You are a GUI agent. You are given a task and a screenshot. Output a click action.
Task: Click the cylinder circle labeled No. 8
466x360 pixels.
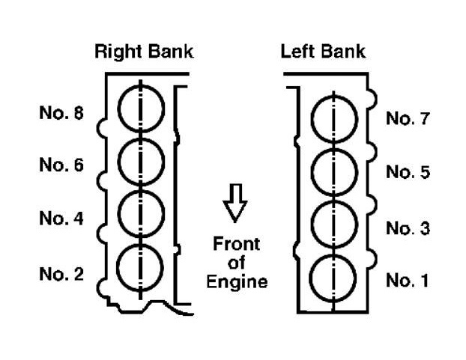point(141,109)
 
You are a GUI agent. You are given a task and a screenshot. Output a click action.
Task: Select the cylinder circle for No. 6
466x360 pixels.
point(141,161)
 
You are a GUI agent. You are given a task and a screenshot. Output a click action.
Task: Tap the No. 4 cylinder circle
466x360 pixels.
point(141,213)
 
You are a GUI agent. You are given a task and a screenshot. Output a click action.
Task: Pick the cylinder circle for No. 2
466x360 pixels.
point(141,266)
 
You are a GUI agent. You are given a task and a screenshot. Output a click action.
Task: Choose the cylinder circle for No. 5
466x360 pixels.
point(333,172)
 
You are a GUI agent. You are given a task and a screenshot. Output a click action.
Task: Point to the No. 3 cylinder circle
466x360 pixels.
point(333,225)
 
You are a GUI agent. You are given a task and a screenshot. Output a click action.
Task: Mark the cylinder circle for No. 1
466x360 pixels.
point(333,278)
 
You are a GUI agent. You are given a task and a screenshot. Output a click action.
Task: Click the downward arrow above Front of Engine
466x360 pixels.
point(236,204)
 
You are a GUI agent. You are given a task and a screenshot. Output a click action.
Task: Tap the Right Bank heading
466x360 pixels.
point(144,52)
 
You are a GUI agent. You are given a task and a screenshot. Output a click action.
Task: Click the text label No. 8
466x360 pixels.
point(61,114)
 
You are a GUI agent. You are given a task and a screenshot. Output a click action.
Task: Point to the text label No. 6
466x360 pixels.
point(61,166)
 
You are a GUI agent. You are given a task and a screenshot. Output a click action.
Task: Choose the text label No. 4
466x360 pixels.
point(61,219)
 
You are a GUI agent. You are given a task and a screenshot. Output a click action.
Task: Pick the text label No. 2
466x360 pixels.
point(61,274)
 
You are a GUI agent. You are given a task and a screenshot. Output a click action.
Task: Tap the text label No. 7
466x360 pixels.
point(408,119)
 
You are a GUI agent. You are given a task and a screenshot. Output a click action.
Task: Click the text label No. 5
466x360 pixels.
point(408,173)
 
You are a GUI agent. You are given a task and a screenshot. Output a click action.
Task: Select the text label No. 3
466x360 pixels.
point(408,228)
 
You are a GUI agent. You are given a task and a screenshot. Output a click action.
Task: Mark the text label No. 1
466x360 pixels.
point(408,281)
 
